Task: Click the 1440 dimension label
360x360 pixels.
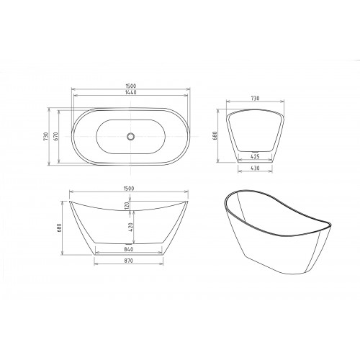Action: coord(130,92)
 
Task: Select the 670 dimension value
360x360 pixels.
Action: coord(55,136)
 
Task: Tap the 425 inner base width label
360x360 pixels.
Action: coord(255,156)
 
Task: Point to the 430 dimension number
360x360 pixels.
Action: coord(255,168)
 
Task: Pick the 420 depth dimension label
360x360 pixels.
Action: coord(131,227)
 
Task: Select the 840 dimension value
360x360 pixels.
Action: coord(129,249)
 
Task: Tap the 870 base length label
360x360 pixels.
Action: coord(129,261)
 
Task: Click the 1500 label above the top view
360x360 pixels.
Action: coord(130,86)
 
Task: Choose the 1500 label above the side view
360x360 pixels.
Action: coord(129,189)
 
